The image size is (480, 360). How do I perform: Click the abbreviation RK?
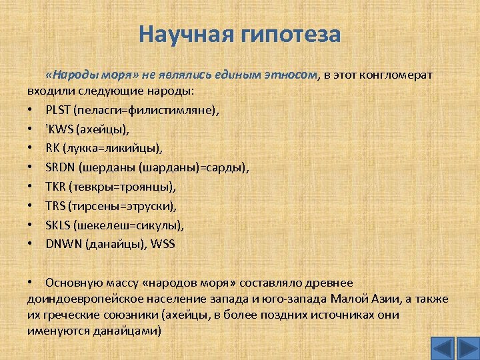(53, 147)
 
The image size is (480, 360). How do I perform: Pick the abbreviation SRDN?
(61, 167)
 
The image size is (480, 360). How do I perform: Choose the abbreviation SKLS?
(59, 225)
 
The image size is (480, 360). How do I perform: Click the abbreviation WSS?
(163, 244)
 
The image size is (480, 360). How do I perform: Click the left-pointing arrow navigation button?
(443, 348)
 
